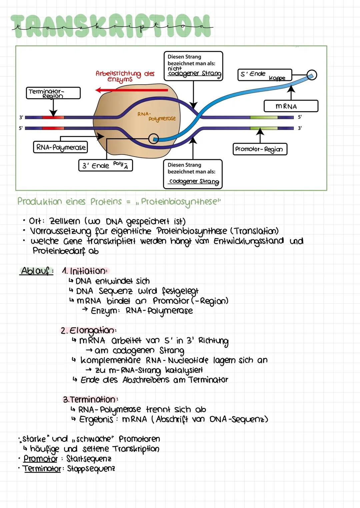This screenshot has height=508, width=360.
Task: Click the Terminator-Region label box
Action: (53, 93)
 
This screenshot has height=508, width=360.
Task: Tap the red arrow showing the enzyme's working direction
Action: (131, 90)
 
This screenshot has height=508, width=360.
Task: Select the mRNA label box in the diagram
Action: (291, 106)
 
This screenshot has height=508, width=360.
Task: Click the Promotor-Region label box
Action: (259, 149)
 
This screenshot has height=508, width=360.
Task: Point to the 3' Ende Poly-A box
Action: (105, 165)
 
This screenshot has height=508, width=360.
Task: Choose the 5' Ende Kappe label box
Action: (264, 75)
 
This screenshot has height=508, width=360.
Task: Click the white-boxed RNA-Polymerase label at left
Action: (60, 147)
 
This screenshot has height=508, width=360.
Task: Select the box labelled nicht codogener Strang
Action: (193, 66)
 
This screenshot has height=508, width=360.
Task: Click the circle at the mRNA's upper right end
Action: (312, 75)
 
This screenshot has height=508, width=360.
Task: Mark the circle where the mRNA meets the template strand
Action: (153, 138)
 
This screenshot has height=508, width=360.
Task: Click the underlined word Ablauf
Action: (36, 271)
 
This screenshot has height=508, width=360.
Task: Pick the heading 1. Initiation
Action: (85, 271)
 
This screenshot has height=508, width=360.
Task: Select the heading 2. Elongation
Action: (88, 330)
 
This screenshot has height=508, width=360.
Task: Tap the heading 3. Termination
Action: (90, 399)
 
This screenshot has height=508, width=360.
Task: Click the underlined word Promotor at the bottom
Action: (40, 459)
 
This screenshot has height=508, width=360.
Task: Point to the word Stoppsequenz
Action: (91, 469)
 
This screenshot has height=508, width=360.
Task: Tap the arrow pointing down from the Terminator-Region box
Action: (53, 108)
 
